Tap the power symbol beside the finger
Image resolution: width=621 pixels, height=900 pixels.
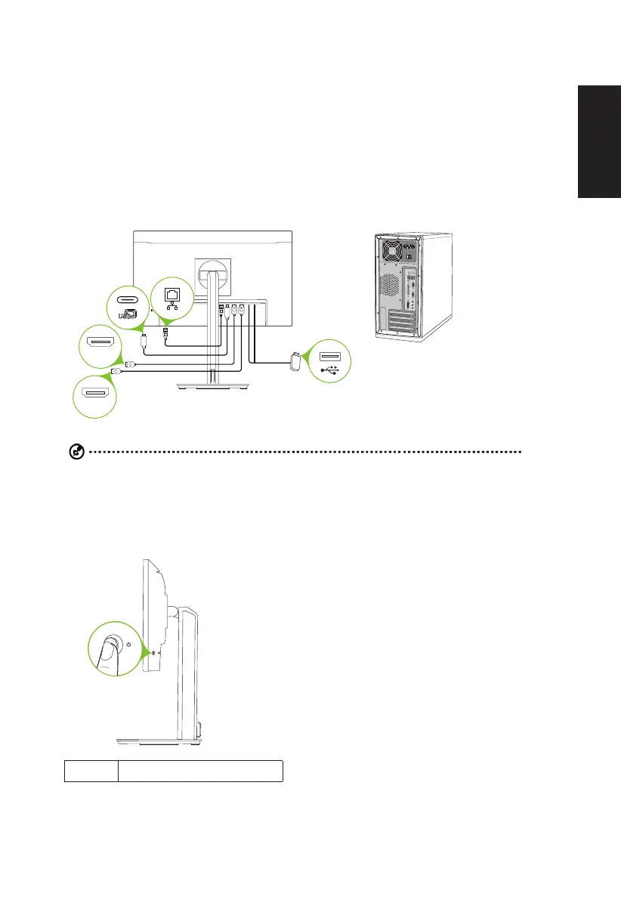click(x=129, y=645)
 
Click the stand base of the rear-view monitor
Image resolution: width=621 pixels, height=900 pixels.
click(x=214, y=385)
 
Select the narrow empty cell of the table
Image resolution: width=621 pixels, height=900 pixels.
click(x=91, y=771)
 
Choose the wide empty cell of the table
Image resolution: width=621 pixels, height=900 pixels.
click(x=200, y=771)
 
